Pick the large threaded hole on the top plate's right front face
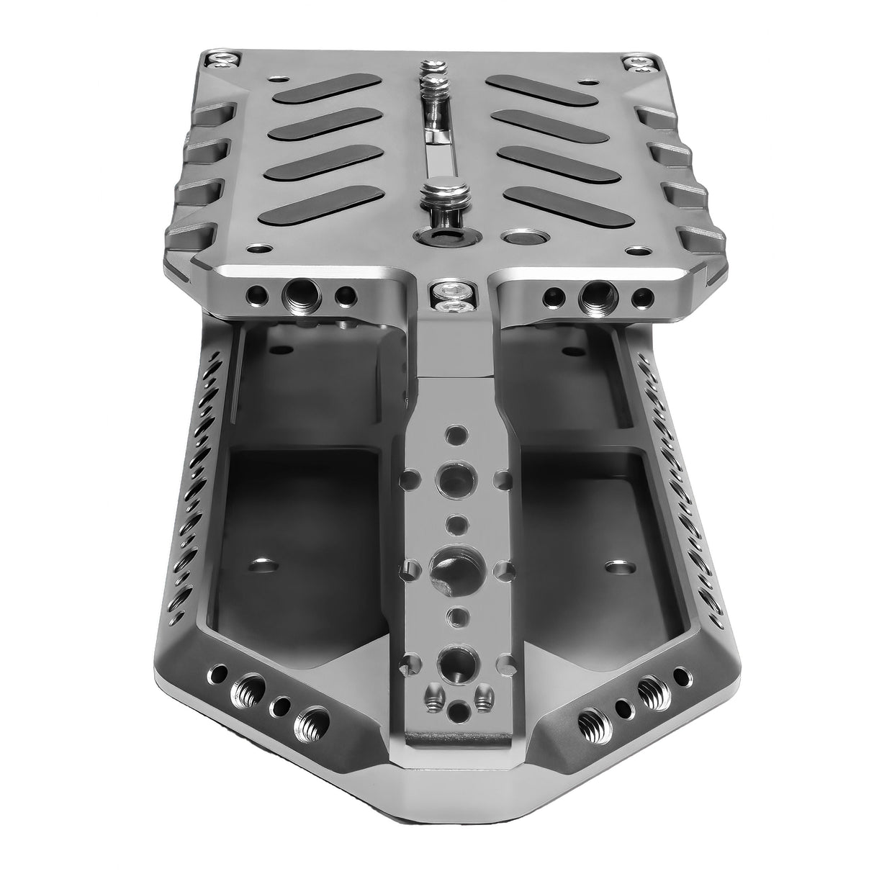594,294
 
